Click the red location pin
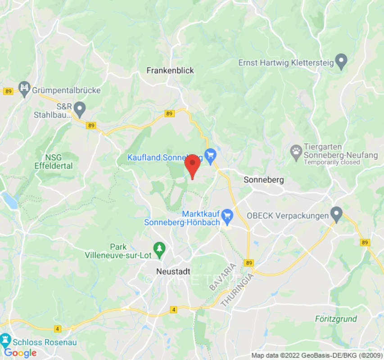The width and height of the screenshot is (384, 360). tap(193, 165)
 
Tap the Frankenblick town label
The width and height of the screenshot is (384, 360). tap(170, 71)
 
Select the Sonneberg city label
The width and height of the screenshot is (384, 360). tap(263, 180)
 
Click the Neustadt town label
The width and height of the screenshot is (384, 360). tap(173, 271)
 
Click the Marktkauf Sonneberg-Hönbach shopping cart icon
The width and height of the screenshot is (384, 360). tap(227, 216)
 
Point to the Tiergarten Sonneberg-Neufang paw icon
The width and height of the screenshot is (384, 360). tap(296, 153)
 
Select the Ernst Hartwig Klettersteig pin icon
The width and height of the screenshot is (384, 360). tap(342, 62)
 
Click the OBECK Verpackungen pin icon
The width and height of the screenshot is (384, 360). tap(336, 213)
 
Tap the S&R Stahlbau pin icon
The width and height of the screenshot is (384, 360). tap(80, 108)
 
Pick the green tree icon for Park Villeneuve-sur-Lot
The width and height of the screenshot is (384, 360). tap(159, 248)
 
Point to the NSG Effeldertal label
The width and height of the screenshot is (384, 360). tap(53, 162)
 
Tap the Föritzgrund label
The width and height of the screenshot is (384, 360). tap(336, 319)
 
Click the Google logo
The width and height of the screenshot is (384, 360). tap(20, 353)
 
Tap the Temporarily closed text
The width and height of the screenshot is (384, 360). tap(332, 162)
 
